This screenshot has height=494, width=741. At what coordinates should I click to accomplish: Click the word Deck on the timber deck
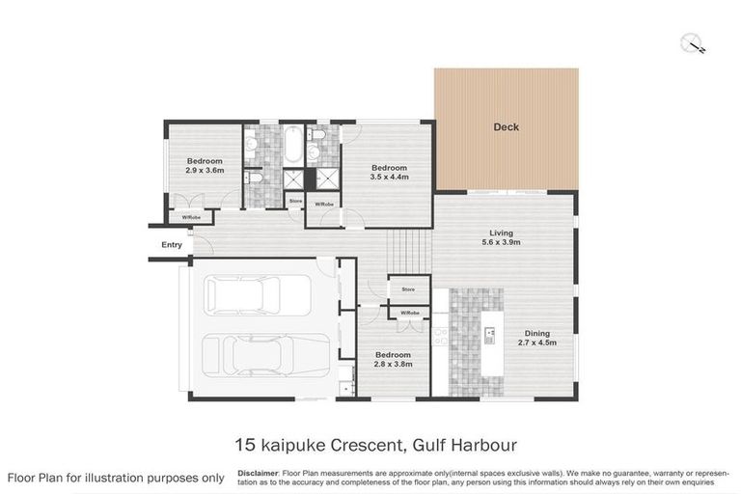pyautogui.click(x=506, y=127)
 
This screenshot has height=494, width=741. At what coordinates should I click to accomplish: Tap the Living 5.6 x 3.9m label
pyautogui.click(x=501, y=237)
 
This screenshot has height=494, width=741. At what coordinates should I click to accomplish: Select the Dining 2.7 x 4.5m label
pyautogui.click(x=537, y=338)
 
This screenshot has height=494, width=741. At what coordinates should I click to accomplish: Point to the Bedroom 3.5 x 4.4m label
pyautogui.click(x=389, y=172)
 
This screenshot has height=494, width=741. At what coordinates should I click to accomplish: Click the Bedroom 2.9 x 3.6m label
pyautogui.click(x=205, y=165)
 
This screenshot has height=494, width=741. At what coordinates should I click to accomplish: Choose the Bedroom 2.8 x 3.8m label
pyautogui.click(x=393, y=359)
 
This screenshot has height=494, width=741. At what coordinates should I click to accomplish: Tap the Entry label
pyautogui.click(x=172, y=245)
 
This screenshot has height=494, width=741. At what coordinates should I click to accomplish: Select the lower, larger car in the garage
pyautogui.click(x=267, y=354)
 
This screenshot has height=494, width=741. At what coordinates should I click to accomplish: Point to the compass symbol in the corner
pyautogui.click(x=693, y=43)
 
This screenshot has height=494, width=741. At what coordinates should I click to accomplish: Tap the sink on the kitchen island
pyautogui.click(x=490, y=335)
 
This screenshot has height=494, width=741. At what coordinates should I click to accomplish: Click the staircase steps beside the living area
pyautogui.click(x=409, y=253)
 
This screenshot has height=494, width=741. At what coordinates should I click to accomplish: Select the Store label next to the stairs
pyautogui.click(x=408, y=288)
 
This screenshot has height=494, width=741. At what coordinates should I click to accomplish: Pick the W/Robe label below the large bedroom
pyautogui.click(x=323, y=205)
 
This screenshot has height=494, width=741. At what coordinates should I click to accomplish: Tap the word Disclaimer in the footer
pyautogui.click(x=257, y=473)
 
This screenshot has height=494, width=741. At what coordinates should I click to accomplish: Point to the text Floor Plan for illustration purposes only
pyautogui.click(x=116, y=478)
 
